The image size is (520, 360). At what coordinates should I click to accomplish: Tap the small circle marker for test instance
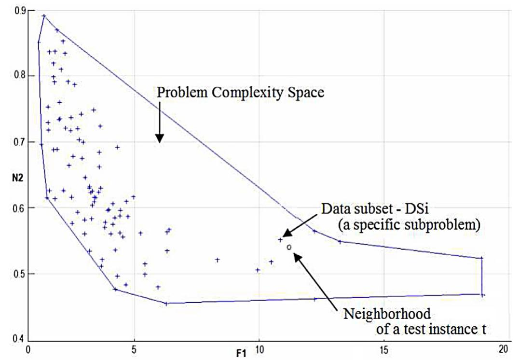click(289, 247)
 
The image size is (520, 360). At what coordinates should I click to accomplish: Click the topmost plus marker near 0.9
click(44, 16)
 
